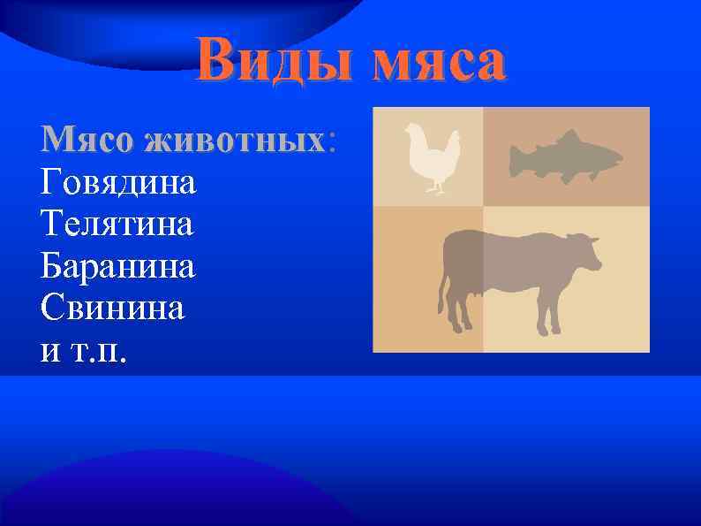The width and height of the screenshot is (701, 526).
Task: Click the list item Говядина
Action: pos(118,183)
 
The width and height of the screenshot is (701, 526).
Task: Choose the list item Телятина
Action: pos(117,224)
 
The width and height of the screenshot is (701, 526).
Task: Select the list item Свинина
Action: pos(112,308)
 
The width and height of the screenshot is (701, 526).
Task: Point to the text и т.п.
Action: pos(84,350)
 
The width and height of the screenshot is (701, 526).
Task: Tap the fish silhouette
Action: pos(565,157)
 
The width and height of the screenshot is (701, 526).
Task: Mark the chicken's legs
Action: pos(433,186)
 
